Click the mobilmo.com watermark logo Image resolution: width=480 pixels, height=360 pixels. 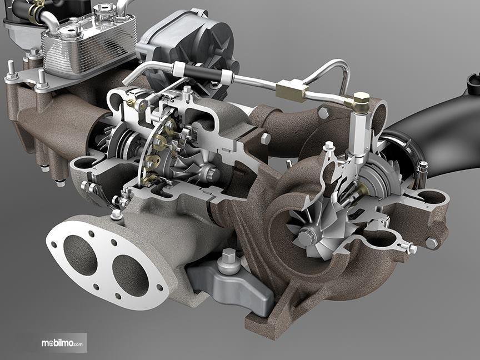tap(62, 343)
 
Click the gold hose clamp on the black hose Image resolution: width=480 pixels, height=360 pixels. tap(37, 8)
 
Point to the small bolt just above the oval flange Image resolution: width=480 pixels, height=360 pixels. tap(116, 213)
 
